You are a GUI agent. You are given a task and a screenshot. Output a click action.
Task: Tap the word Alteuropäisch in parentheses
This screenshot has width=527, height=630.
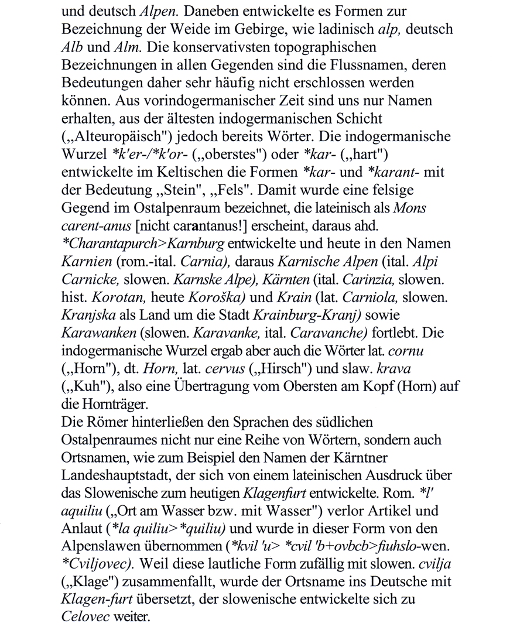pyautogui.click(x=117, y=136)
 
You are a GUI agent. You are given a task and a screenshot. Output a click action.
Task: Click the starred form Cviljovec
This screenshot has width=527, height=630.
pyautogui.click(x=97, y=563)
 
